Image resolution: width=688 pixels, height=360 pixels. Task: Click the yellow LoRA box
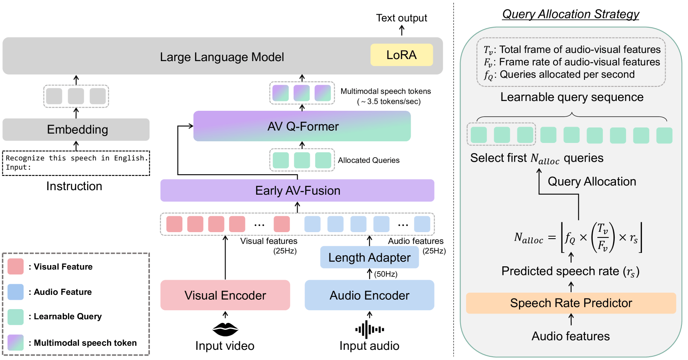pos(401,55)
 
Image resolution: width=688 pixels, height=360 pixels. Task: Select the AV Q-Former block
pos(302,126)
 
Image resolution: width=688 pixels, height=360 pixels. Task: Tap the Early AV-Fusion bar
pos(297,191)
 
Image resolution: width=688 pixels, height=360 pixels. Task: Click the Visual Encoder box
pos(225,295)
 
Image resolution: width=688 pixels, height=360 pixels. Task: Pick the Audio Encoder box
pos(369,295)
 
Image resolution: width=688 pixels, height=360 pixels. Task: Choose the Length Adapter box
pos(369,257)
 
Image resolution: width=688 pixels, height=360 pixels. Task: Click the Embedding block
pos(76,130)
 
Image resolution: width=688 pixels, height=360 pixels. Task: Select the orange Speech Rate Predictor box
pos(571,303)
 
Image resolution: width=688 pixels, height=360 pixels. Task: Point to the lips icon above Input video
pos(225,329)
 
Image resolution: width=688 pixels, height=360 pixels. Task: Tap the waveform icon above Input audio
pos(369,329)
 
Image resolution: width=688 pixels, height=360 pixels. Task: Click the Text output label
pos(401,18)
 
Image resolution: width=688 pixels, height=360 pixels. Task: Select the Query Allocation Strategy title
pos(571,14)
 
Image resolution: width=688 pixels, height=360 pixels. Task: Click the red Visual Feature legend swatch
pos(15,267)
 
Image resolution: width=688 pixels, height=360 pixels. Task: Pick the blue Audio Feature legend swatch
pos(15,292)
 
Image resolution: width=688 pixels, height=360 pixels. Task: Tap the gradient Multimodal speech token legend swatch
pos(15,342)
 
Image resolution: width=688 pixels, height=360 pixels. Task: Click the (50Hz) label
pos(386,274)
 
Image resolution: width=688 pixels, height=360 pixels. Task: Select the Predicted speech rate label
pos(570,271)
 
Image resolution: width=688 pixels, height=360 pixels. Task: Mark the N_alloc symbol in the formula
pos(528,238)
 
